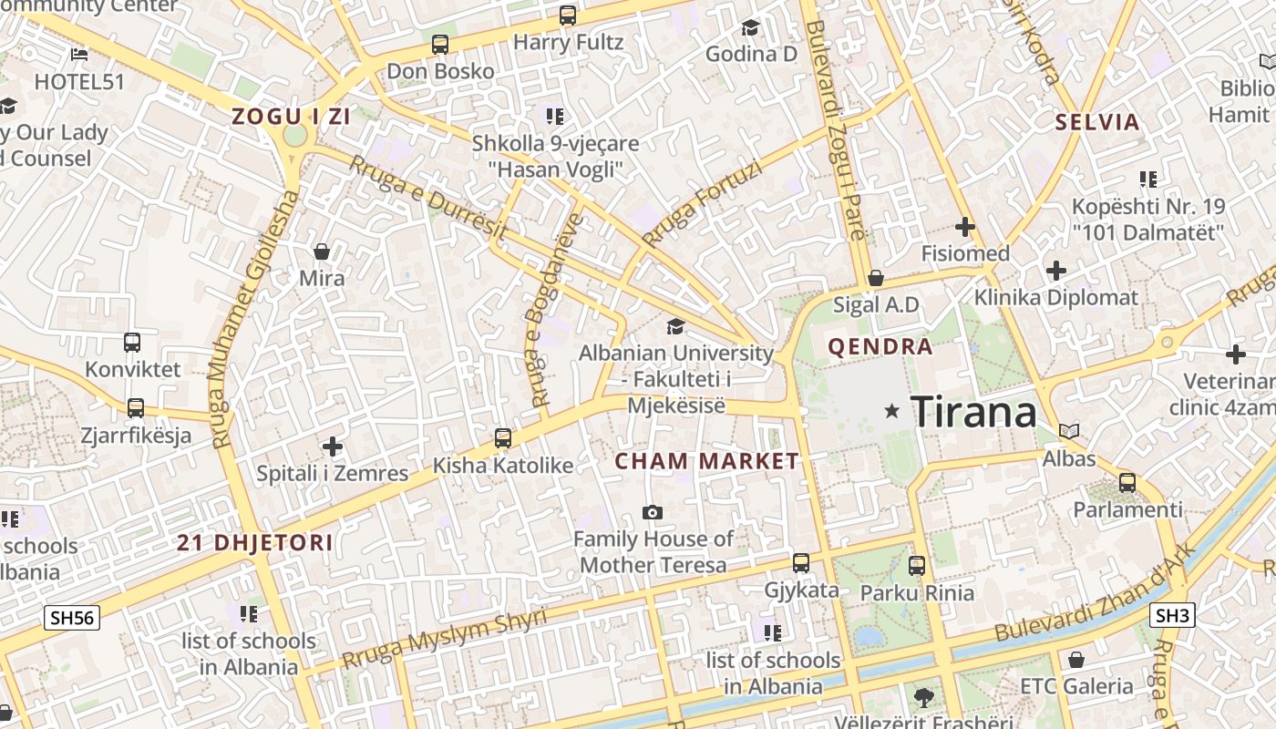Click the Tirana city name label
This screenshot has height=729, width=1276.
(x=973, y=412)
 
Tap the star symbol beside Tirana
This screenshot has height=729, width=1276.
(x=892, y=412)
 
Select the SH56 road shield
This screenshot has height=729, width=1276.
(x=72, y=618)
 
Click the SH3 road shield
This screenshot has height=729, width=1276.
(x=1172, y=616)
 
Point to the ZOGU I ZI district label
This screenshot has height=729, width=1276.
(x=292, y=117)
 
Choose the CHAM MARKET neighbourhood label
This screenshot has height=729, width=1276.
(x=706, y=461)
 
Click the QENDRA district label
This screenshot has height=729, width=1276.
(x=880, y=346)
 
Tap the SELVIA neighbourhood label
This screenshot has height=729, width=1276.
(x=1097, y=122)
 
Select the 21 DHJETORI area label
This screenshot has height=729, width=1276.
(x=254, y=543)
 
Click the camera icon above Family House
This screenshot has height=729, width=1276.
(x=653, y=513)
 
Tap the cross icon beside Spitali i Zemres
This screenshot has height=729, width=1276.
(x=333, y=447)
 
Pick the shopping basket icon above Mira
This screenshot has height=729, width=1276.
(x=322, y=251)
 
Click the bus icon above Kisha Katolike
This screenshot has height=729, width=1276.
(x=502, y=438)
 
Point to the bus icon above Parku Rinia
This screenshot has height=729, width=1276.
(x=917, y=565)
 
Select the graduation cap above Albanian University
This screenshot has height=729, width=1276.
(x=674, y=326)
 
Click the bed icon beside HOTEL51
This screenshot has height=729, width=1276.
(x=79, y=55)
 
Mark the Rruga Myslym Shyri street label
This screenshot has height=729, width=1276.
(x=444, y=640)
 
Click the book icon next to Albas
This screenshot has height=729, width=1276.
(x=1069, y=431)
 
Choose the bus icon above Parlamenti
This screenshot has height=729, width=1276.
(x=1127, y=483)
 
